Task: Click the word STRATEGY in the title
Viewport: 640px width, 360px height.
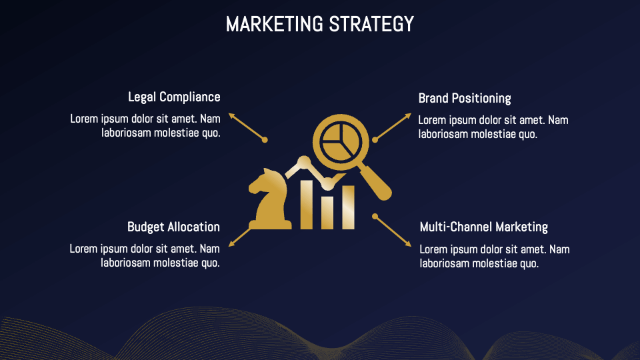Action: (371, 25)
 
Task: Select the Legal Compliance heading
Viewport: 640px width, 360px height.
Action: (174, 97)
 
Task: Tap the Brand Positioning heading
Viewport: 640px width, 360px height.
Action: (465, 99)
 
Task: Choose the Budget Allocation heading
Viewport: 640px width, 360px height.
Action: (173, 227)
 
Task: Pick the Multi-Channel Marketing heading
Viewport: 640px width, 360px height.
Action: (483, 227)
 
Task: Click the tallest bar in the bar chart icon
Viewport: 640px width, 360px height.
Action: (307, 204)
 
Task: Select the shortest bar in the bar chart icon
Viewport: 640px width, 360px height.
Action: (328, 213)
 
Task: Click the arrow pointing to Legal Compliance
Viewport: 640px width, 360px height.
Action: (246, 126)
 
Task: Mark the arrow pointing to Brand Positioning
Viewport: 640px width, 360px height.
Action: (393, 126)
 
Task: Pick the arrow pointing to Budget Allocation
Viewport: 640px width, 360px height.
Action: (241, 236)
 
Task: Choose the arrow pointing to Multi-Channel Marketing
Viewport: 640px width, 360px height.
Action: (393, 231)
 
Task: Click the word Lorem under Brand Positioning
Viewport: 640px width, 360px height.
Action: (433, 121)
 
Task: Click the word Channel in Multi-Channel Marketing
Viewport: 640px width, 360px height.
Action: (473, 227)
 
